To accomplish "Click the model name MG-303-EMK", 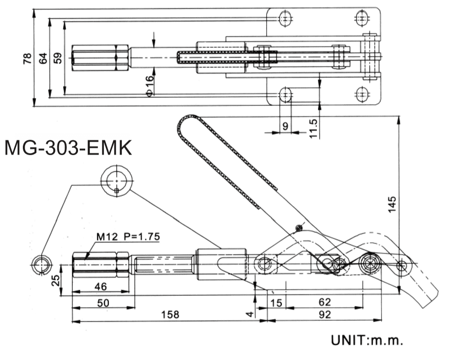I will click(x=68, y=148).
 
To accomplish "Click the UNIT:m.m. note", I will click(x=367, y=341).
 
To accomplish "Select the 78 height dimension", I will click(x=27, y=58).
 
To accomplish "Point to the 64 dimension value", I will click(x=43, y=58).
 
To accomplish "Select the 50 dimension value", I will click(x=103, y=303).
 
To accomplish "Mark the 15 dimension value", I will click(x=277, y=303).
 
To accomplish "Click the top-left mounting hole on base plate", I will click(x=285, y=18).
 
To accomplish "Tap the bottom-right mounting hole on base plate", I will click(x=362, y=94).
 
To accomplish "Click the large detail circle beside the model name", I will click(x=117, y=181).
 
